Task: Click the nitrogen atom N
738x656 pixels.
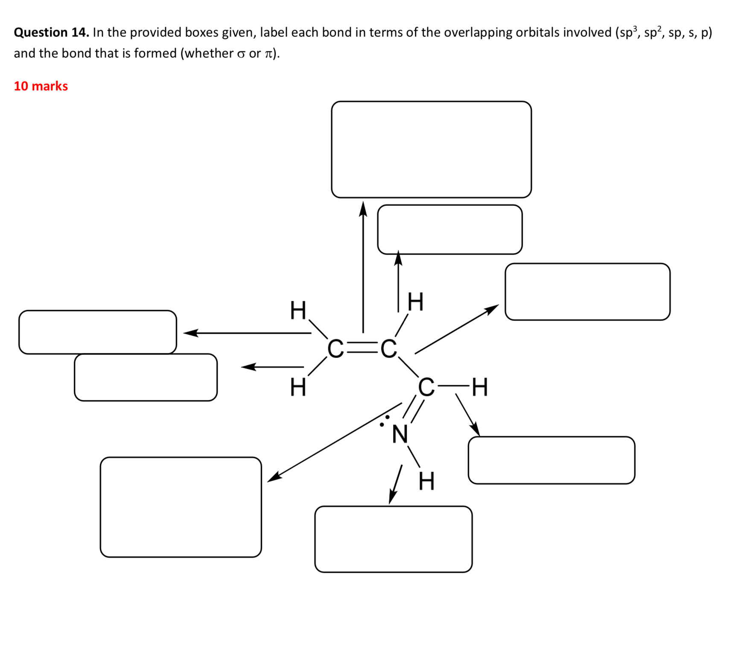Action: (x=400, y=435)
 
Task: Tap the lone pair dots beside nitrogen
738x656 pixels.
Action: (x=385, y=421)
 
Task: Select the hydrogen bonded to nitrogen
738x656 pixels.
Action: (x=426, y=481)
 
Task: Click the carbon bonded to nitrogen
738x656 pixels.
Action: (x=426, y=388)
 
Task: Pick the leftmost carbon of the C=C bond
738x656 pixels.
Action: (x=335, y=349)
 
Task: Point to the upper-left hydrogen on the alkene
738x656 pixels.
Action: (x=298, y=310)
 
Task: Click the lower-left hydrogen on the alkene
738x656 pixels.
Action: (x=298, y=387)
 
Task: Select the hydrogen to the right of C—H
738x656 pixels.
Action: (x=480, y=387)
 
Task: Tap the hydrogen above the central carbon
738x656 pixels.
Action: (x=415, y=302)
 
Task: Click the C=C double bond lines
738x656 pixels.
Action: (x=362, y=348)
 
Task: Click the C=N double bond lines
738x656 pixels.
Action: (x=413, y=409)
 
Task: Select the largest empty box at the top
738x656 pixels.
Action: (x=431, y=149)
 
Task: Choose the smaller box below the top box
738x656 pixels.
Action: (x=449, y=229)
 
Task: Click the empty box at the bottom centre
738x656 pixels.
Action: (x=393, y=539)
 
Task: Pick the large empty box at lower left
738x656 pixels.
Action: (x=181, y=507)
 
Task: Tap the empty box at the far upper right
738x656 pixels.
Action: (x=587, y=292)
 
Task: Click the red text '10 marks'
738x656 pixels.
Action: (x=41, y=86)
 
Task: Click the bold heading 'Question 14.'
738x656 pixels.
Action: (x=51, y=32)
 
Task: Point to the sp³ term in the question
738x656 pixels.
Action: (x=627, y=32)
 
